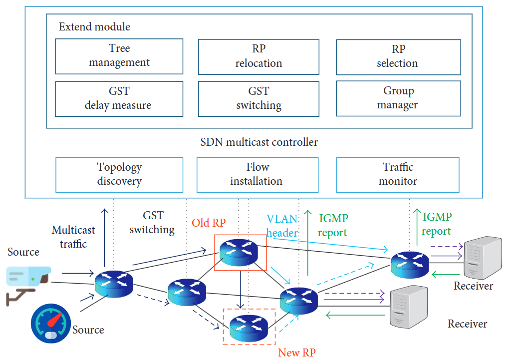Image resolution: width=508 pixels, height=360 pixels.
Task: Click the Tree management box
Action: tap(119, 56)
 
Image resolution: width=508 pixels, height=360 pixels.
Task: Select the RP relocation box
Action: tap(258, 56)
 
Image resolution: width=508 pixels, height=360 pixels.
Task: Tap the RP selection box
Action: tap(398, 56)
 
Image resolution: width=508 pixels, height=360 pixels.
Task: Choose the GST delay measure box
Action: tap(119, 98)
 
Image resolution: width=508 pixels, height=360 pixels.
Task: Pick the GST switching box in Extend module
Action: tap(258, 98)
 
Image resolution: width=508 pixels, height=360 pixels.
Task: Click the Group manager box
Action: tap(398, 98)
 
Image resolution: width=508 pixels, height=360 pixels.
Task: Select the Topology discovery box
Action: tap(119, 174)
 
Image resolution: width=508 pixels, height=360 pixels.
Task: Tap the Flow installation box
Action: tap(257, 174)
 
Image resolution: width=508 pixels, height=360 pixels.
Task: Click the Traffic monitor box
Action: tap(398, 174)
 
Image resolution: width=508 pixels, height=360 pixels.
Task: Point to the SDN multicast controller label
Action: tap(258, 142)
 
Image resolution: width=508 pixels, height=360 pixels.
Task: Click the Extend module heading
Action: tap(94, 27)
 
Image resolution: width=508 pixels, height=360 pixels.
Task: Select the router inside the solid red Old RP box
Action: tap(241, 251)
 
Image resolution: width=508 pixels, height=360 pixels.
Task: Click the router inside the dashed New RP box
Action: tap(249, 327)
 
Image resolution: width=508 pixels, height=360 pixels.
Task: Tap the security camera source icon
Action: tap(27, 283)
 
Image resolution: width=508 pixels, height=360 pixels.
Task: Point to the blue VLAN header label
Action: tap(282, 226)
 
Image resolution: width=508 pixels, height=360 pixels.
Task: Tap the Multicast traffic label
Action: tap(73, 237)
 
